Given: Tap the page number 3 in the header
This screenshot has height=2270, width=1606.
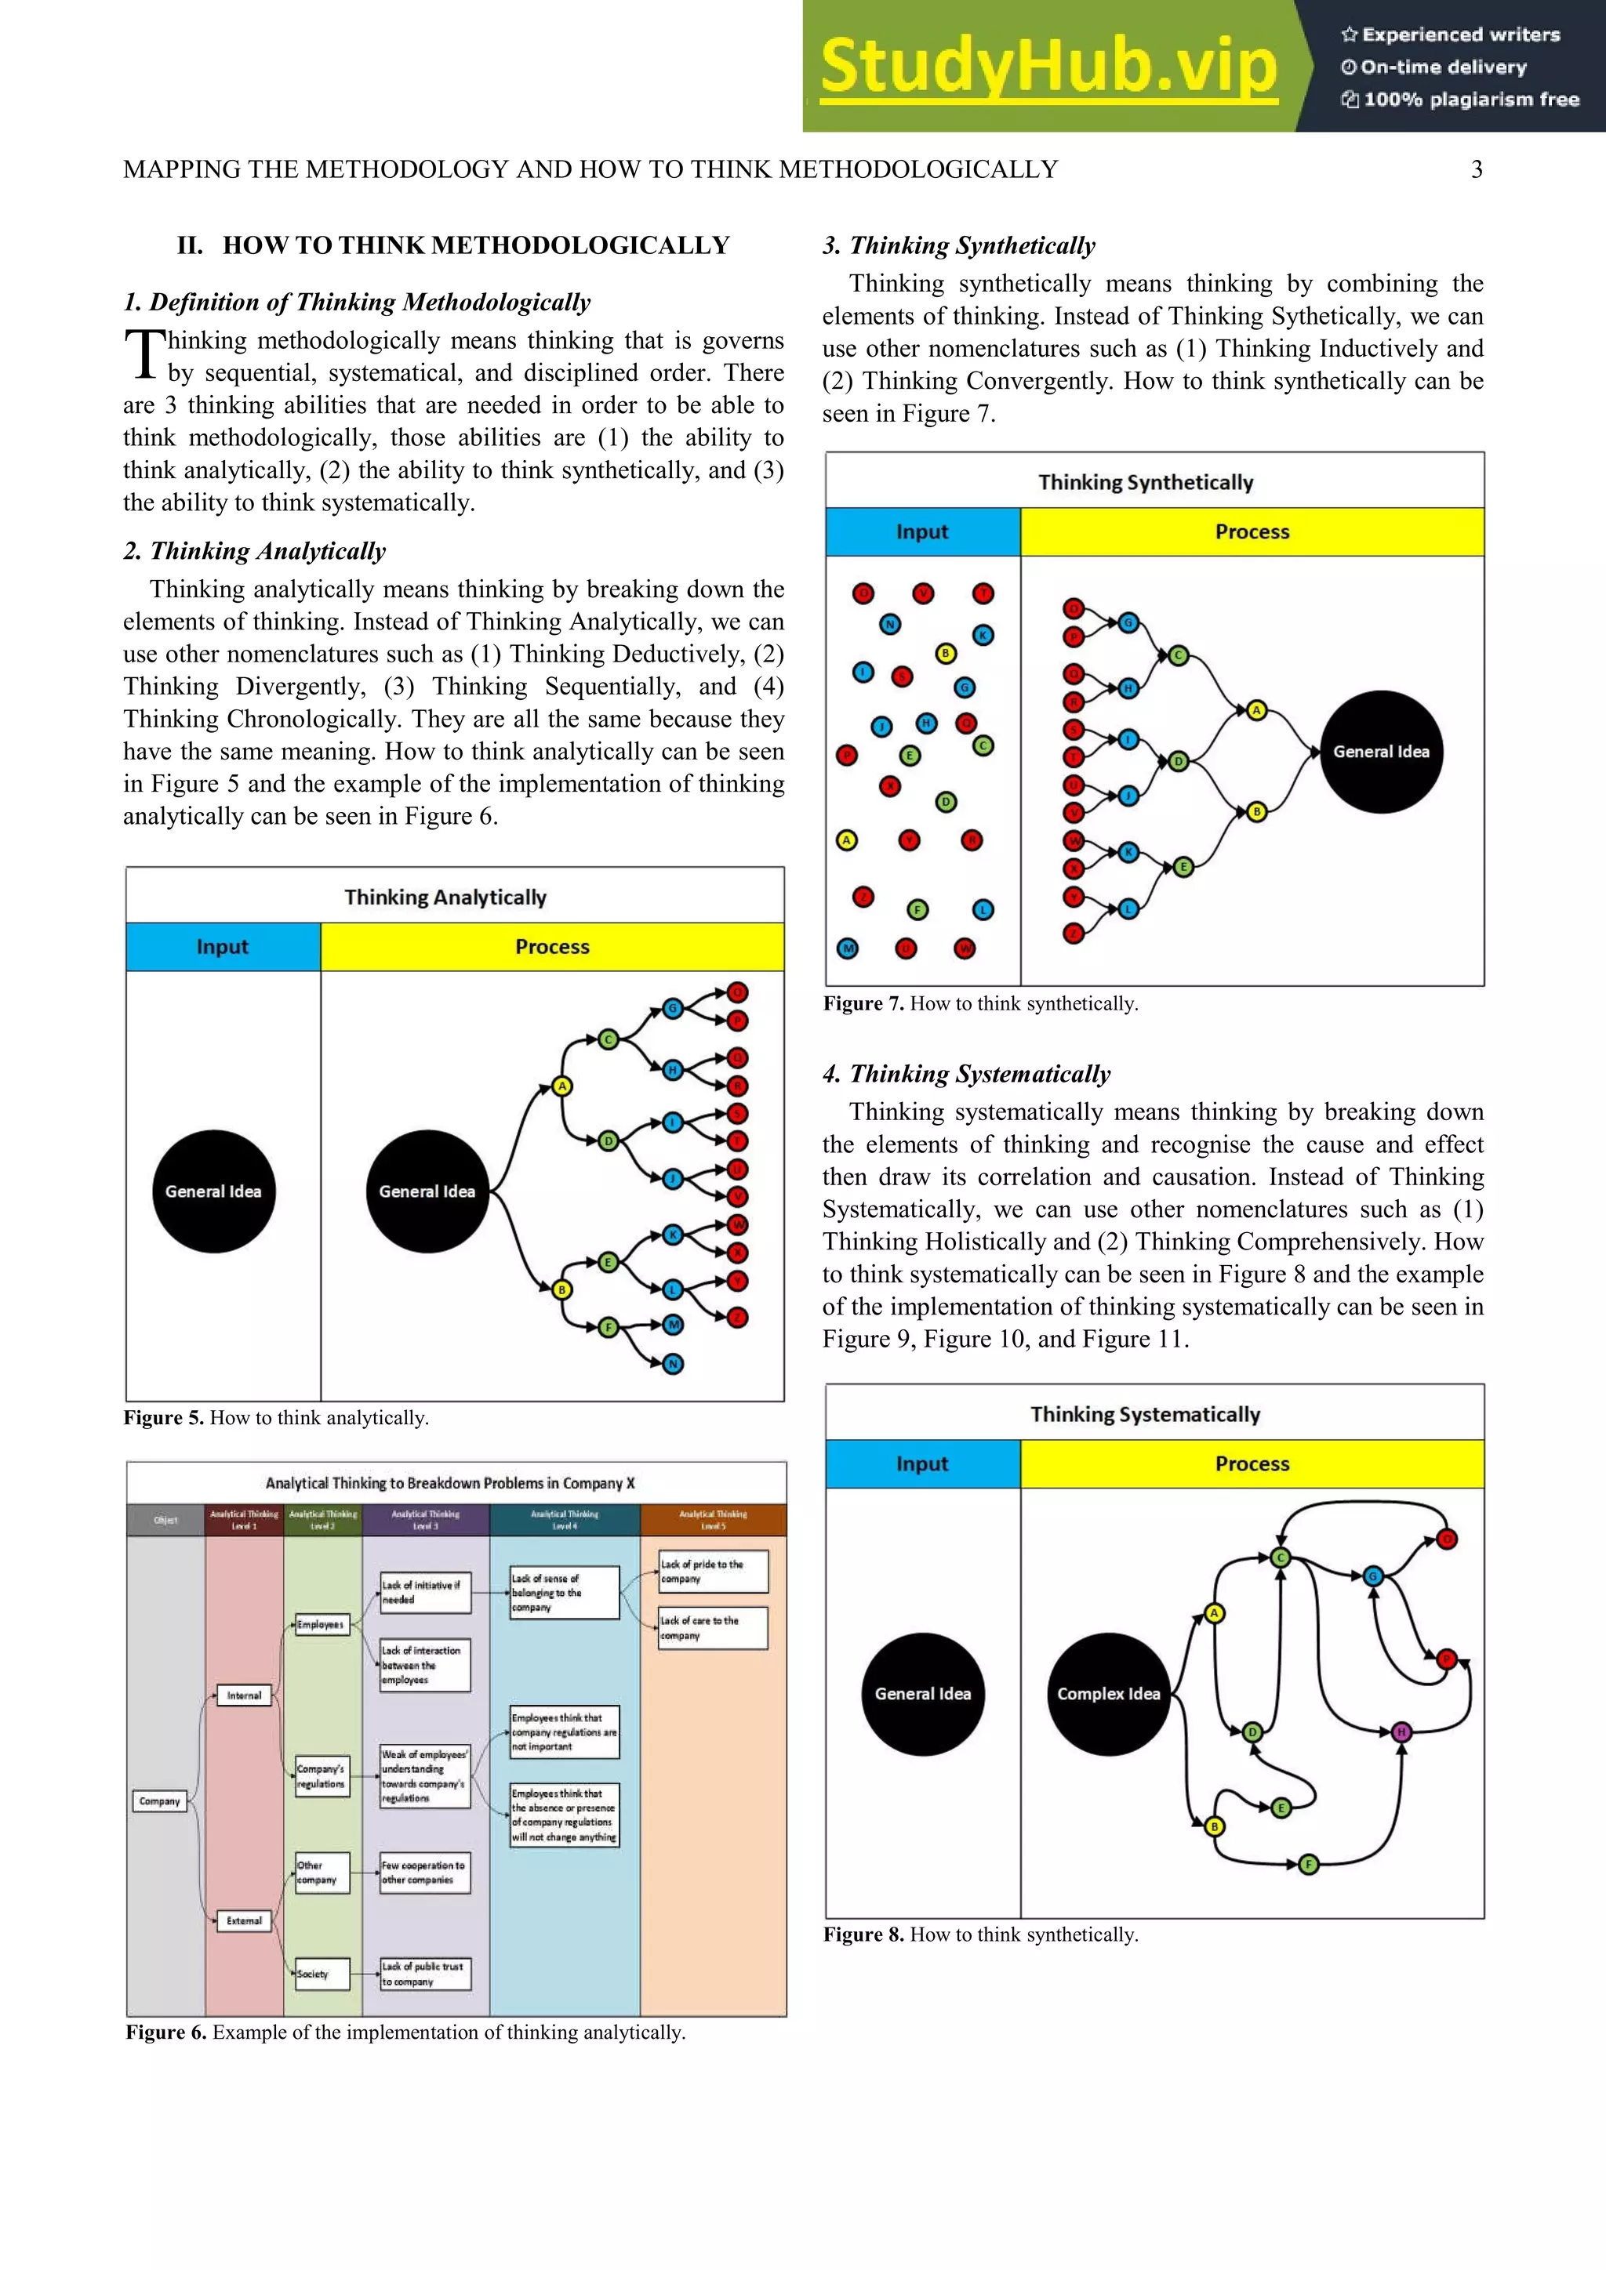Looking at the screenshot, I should (1477, 170).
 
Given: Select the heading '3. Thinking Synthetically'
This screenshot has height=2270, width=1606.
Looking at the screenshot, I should (958, 245).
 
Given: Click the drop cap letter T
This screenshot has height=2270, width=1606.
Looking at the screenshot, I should (144, 355).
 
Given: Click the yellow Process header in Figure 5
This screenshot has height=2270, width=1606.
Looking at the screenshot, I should (552, 946).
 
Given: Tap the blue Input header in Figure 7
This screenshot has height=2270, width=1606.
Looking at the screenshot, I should (921, 532).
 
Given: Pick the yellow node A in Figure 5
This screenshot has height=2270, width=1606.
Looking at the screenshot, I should (561, 1086).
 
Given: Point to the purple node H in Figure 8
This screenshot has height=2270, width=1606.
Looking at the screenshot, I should (1401, 1732).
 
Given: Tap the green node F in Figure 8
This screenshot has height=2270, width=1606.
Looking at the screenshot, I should (1308, 1864).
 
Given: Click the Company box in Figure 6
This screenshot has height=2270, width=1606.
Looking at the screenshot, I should (159, 1800).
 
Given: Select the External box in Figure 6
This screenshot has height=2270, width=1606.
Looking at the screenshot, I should (244, 1920).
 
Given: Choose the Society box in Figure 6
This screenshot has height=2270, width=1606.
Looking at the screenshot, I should (321, 1974).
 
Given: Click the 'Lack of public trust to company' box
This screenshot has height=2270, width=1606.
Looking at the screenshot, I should (424, 1974).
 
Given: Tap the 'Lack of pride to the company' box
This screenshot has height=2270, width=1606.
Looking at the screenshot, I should (712, 1571).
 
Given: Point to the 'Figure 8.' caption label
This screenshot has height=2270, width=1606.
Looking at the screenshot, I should (863, 1935).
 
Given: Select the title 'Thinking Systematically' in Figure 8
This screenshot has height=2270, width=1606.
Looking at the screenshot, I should (1145, 1414).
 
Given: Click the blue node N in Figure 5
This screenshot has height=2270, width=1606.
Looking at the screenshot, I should (674, 1365).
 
